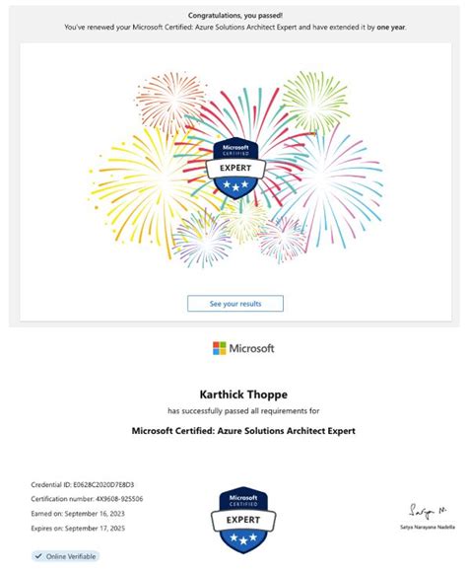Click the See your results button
235,304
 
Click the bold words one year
392,28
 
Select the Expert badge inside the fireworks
235,170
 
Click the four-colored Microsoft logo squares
220,348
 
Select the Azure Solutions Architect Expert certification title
243,430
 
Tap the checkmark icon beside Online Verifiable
38,556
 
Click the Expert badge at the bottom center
242,520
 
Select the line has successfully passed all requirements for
243,410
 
